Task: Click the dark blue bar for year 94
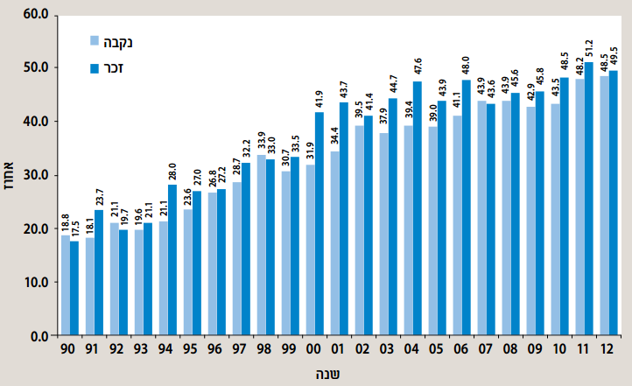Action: pos(172,260)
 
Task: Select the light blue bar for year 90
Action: pos(66,285)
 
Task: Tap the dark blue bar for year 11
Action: pos(589,199)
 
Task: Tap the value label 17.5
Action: pos(74,228)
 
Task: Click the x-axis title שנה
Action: pos(328,374)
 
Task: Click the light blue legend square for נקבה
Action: pos(94,40)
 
